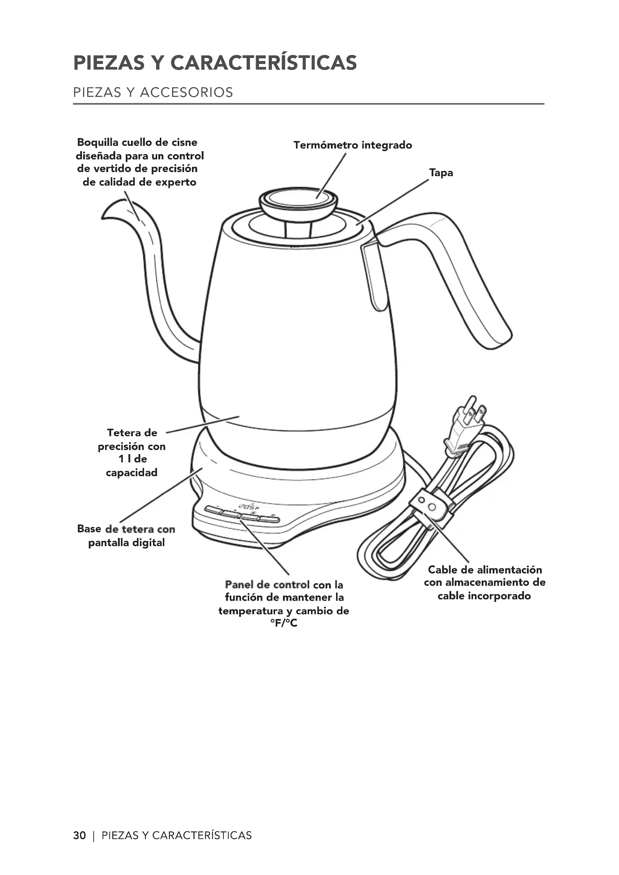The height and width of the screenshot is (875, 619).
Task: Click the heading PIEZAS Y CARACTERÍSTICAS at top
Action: [x=214, y=63]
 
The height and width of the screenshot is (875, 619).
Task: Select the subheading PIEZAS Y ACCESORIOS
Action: [x=153, y=93]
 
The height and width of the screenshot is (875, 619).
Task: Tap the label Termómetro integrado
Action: [x=353, y=145]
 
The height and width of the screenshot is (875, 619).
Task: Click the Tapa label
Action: [x=441, y=172]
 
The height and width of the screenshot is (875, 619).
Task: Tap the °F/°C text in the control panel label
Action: [x=284, y=623]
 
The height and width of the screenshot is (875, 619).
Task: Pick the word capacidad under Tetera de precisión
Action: [x=131, y=472]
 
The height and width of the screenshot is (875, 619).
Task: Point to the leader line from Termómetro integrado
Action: [x=331, y=176]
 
